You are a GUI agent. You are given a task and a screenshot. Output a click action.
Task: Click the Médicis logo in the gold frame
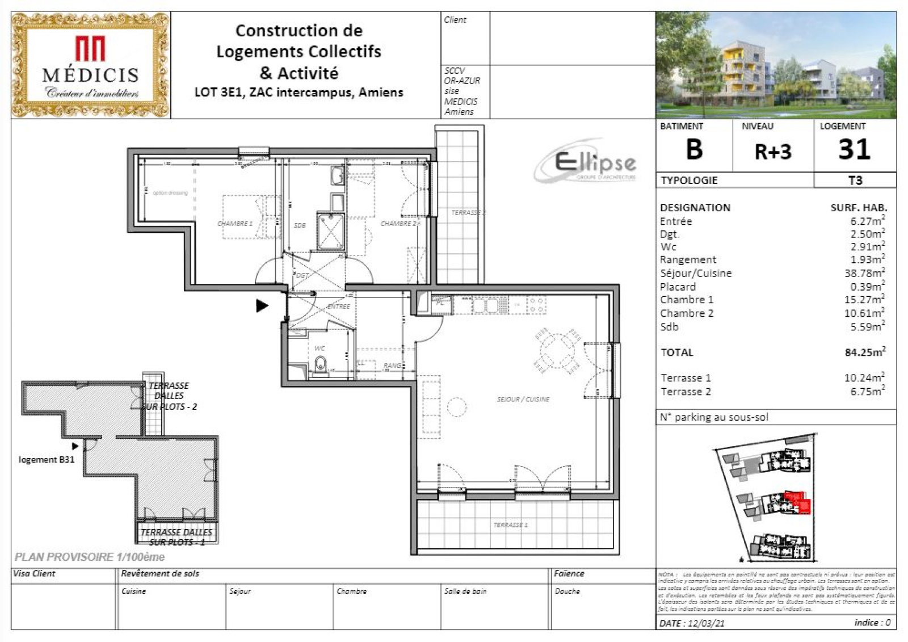90,65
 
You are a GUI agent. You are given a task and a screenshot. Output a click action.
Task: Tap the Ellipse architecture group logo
587,163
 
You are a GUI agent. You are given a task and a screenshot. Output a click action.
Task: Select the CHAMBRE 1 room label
235,224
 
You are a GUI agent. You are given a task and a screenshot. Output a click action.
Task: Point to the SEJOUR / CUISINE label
523,399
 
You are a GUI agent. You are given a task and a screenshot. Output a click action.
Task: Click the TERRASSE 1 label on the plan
510,524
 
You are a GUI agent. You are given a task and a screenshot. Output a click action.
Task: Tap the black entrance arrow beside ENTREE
261,306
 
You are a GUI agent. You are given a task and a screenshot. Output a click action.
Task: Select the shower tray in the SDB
331,231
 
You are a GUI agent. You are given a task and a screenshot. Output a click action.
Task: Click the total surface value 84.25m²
864,353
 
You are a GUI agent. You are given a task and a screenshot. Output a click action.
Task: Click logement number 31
854,150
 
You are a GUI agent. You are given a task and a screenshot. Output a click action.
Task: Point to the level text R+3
772,152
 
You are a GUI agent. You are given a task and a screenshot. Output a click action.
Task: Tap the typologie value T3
855,181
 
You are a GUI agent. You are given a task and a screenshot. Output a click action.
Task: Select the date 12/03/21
706,623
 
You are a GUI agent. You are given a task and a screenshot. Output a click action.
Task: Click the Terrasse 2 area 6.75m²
867,392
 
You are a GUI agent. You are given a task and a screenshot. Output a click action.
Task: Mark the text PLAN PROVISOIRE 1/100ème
90,557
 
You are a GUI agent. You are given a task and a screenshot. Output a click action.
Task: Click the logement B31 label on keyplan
47,460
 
